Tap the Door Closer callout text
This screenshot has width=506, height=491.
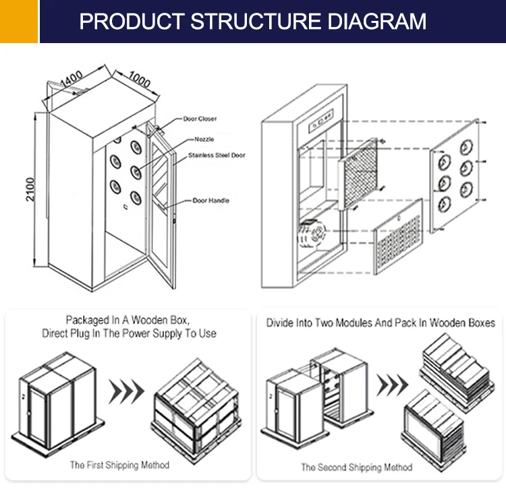point(200,119)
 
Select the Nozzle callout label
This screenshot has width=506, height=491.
point(204,139)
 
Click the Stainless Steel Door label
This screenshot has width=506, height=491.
point(217,156)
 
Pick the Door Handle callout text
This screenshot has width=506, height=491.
point(210,201)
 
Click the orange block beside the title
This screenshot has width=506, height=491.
point(18,21)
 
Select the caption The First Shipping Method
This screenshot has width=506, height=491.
point(119,465)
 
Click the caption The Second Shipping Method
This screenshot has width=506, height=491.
point(356,467)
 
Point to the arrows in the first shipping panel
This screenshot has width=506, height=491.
point(128,390)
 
